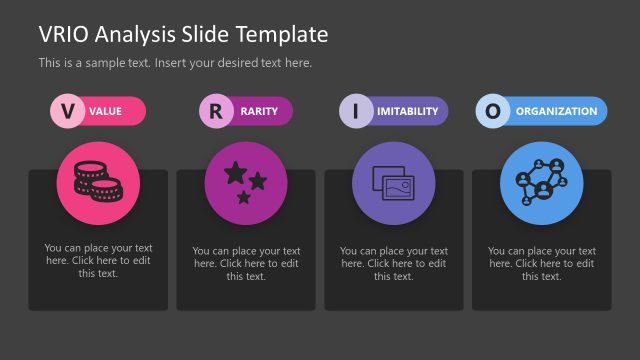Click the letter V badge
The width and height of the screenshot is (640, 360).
click(x=67, y=111)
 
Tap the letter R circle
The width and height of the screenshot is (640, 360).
click(x=215, y=111)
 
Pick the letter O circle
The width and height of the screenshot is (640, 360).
click(x=491, y=111)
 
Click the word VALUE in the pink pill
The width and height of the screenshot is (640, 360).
click(x=106, y=112)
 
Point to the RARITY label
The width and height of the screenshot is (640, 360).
click(x=259, y=112)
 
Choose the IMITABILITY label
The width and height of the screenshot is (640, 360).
click(x=407, y=112)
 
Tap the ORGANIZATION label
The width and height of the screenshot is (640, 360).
click(x=556, y=112)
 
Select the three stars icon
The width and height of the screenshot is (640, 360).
click(x=245, y=183)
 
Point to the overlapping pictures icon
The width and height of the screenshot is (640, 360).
click(x=393, y=183)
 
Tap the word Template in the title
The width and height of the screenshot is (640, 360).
click(x=284, y=34)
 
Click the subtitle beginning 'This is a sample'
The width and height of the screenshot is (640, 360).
click(x=175, y=62)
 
